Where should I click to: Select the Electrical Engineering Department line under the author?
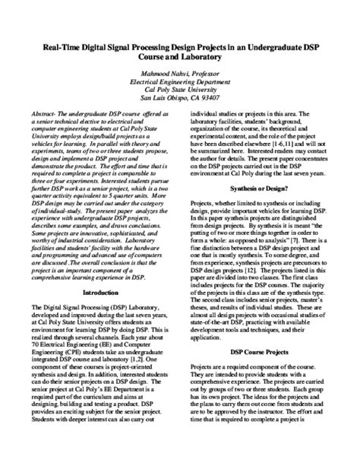[179, 84]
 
